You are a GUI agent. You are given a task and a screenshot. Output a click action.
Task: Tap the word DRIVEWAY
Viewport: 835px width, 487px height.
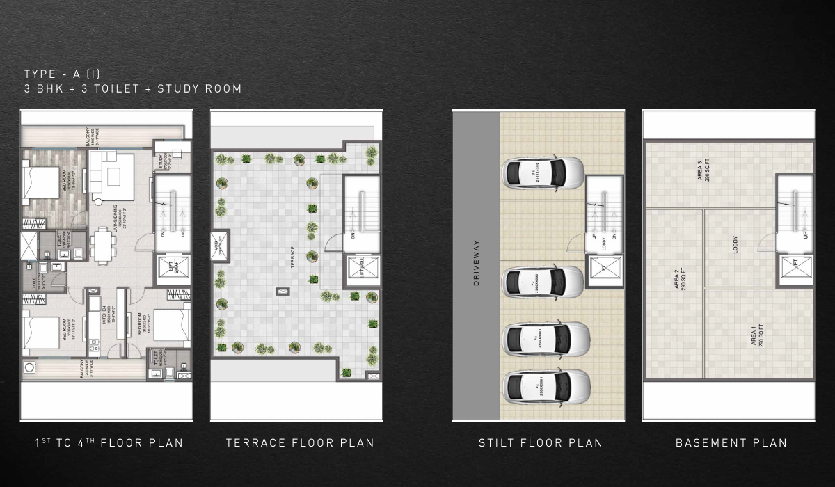click(477, 264)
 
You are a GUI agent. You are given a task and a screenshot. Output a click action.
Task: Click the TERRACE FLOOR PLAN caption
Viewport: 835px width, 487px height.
click(300, 443)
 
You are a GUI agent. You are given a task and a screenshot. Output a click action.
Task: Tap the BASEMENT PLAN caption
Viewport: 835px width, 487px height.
click(731, 443)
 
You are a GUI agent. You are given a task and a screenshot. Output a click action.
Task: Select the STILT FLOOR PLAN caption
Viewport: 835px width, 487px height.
click(540, 443)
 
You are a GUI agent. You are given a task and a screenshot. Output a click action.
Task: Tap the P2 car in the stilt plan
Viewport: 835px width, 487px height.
click(543, 281)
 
